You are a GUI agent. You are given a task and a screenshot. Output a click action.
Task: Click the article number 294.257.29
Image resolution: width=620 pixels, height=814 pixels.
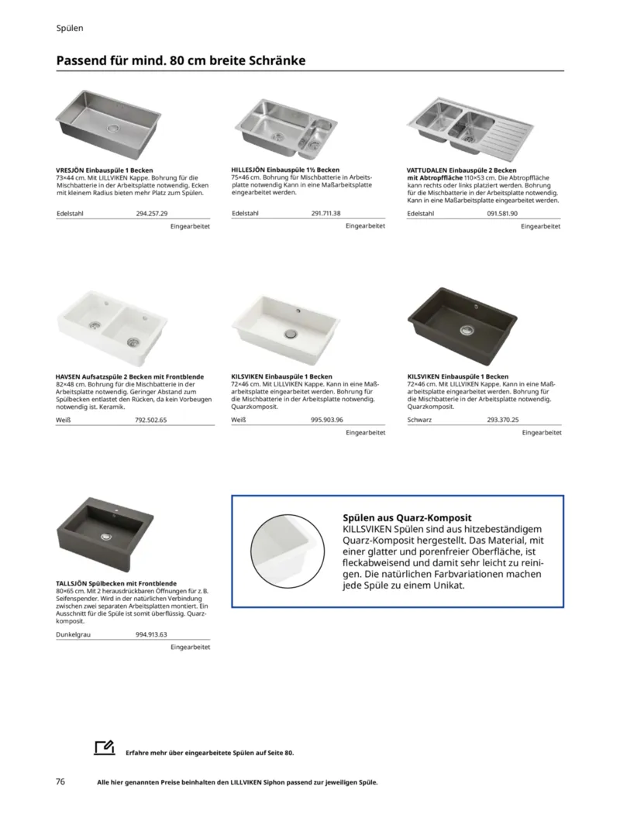point(152,213)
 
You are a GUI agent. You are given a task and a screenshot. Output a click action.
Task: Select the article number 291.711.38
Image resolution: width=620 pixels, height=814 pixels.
point(326,213)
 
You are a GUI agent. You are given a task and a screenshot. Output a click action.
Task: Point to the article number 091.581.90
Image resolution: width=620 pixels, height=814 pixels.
point(502,213)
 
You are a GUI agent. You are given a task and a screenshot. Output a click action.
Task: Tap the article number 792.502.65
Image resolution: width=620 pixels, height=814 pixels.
point(151,420)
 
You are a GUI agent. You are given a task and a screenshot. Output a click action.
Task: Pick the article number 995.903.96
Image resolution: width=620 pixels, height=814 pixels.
point(327,420)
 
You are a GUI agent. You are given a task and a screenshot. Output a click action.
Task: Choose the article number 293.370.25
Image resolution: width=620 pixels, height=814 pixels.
point(503,420)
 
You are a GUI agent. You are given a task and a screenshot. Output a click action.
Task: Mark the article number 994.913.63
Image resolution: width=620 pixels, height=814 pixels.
point(151,634)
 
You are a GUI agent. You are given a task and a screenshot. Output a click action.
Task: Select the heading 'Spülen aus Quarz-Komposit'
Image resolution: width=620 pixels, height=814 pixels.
point(408,517)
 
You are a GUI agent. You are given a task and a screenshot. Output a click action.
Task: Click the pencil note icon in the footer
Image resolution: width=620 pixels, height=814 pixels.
point(103,747)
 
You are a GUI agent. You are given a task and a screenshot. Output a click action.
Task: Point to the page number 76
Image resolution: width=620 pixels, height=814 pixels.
point(60,781)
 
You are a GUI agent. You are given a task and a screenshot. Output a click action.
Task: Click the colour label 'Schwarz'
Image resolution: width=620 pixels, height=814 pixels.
point(419,420)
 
